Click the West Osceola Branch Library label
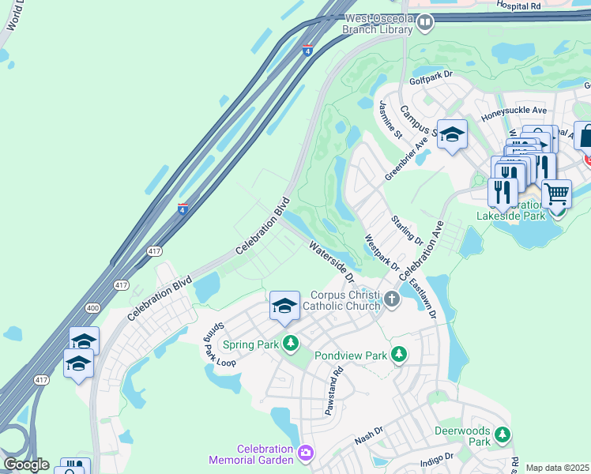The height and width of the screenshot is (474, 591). pyautogui.click(x=378, y=23)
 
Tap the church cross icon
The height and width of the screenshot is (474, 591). pyautogui.click(x=393, y=300)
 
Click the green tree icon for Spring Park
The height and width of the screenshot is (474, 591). pyautogui.click(x=292, y=344)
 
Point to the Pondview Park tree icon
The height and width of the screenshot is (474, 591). pyautogui.click(x=401, y=355)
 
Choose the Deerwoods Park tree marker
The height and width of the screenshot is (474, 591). pyautogui.click(x=502, y=434)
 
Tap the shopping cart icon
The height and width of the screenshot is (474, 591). pyautogui.click(x=557, y=192)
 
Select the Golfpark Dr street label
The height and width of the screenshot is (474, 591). pyautogui.click(x=431, y=77)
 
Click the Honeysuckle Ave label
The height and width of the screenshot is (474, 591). pyautogui.click(x=514, y=111)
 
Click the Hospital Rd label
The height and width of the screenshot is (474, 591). pyautogui.click(x=518, y=6)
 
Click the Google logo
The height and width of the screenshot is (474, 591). pyautogui.click(x=27, y=465)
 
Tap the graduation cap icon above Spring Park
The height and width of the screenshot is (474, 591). pyautogui.click(x=284, y=307)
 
